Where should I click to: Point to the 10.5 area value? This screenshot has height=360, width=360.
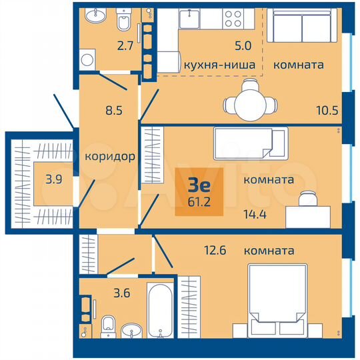(327, 110)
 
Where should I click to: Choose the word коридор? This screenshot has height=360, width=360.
(110, 157)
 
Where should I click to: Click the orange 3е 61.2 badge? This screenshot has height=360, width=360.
(198, 191)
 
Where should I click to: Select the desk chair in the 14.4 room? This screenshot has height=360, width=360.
(307, 199)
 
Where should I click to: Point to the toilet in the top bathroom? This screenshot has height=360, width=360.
(123, 23)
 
